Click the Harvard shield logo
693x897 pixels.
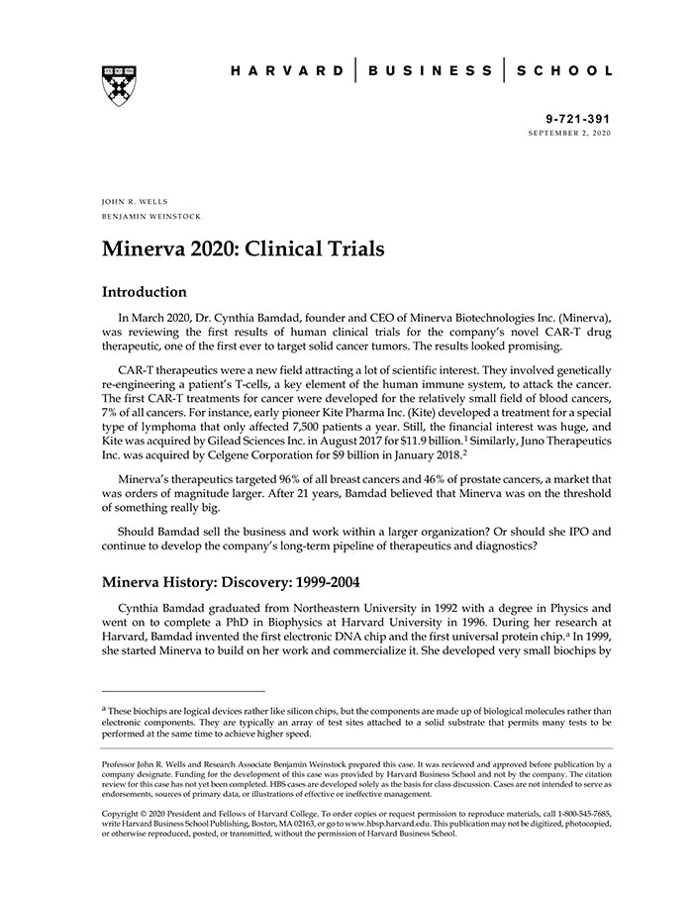[119, 86]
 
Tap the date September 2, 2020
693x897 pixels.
[569, 132]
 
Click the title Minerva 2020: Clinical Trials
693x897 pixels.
[244, 248]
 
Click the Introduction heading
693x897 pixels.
[145, 292]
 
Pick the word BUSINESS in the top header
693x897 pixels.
[430, 71]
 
